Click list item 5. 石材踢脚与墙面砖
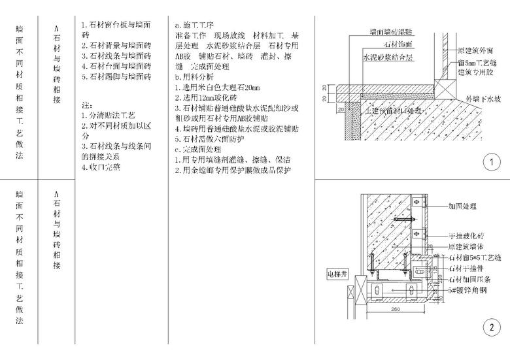[x=116, y=76]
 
